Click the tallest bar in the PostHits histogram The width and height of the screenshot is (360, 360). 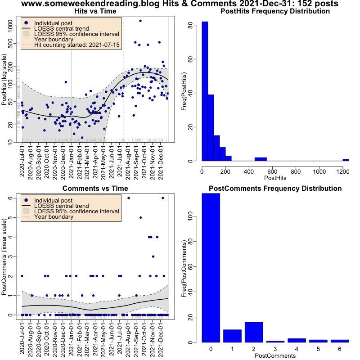point(205,91)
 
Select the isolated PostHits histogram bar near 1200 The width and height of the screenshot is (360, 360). point(346,160)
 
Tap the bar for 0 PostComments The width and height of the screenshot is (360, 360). point(211,268)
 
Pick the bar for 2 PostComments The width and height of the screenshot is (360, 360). point(254,332)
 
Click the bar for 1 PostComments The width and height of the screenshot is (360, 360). point(232,336)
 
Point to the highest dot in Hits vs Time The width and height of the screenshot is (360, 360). point(140,21)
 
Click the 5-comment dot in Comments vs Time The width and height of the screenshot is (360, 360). point(141,217)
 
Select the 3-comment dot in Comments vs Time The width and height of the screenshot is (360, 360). point(153,256)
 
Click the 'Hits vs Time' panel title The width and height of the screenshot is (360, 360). point(95,11)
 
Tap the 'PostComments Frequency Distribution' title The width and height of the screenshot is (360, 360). point(275,189)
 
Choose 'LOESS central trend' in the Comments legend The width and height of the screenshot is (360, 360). point(61,206)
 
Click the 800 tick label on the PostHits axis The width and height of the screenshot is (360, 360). point(296,171)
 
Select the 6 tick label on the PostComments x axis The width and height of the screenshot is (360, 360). point(340,349)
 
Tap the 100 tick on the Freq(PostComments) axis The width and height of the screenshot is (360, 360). point(190,216)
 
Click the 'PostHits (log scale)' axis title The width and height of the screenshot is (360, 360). point(4,80)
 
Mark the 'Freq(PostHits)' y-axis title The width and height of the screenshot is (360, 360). point(184,91)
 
